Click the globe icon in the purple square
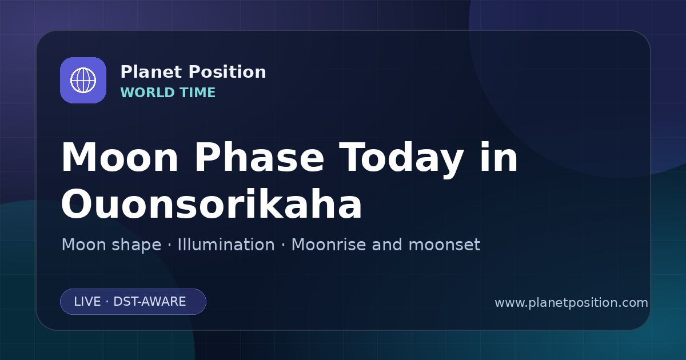[83, 80]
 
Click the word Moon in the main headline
[119, 157]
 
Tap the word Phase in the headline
[259, 157]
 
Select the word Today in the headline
[401, 160]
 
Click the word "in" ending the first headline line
[499, 157]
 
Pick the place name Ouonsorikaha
[212, 203]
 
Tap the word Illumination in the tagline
[226, 245]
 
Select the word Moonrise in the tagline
[332, 245]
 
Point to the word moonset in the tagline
[444, 245]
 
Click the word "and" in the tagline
[387, 245]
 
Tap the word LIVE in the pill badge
[87, 302]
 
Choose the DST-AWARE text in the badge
[149, 302]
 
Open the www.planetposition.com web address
[571, 303]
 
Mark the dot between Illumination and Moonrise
[284, 245]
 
